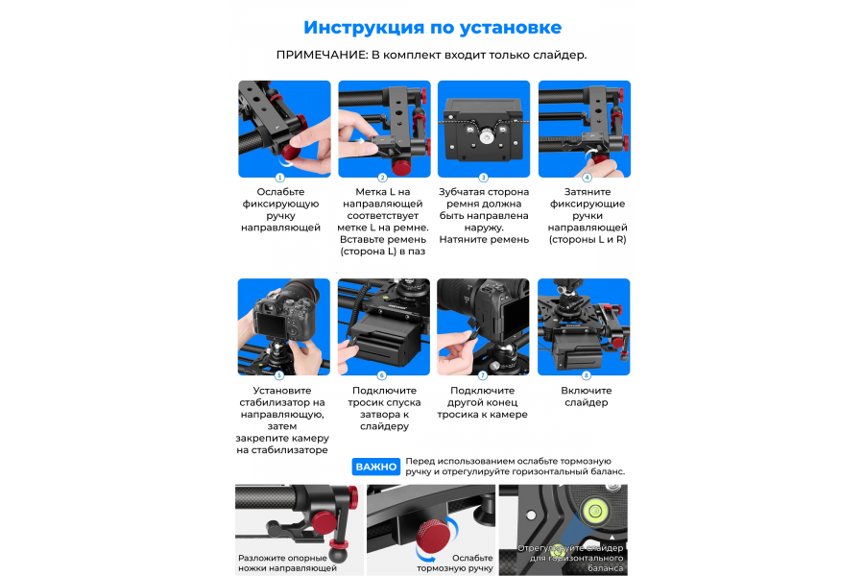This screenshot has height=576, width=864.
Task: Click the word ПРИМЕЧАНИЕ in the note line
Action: [x=321, y=55]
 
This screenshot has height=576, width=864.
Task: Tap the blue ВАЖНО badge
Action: [x=375, y=467]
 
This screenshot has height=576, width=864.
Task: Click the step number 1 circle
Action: [x=279, y=178]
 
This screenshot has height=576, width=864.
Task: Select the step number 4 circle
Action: [x=587, y=178]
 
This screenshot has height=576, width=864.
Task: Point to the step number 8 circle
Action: [x=587, y=375]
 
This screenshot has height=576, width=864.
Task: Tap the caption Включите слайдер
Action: [x=587, y=396]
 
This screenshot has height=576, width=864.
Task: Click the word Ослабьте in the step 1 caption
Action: [x=280, y=192]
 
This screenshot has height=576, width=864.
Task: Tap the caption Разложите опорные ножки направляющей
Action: [x=288, y=563]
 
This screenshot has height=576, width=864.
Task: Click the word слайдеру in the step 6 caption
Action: [x=383, y=425]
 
